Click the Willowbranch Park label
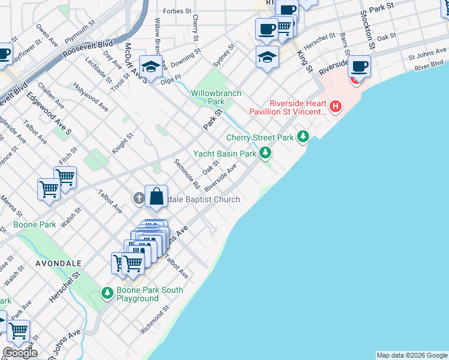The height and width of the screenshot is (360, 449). point(216,97)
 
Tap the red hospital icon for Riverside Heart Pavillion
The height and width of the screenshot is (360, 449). point(336,107)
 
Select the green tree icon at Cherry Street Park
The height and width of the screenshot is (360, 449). point(304,137)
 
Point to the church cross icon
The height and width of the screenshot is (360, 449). point(139,199)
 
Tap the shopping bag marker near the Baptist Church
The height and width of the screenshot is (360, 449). point(156,196)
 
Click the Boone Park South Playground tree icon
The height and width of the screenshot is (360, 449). point(107,293)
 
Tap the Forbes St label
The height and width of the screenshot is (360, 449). point(177,11)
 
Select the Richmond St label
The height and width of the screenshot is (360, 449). point(153,322)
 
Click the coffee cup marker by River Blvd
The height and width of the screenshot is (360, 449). point(359,66)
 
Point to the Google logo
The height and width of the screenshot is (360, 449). point(20,353)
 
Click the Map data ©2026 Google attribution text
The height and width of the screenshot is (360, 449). point(412,355)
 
